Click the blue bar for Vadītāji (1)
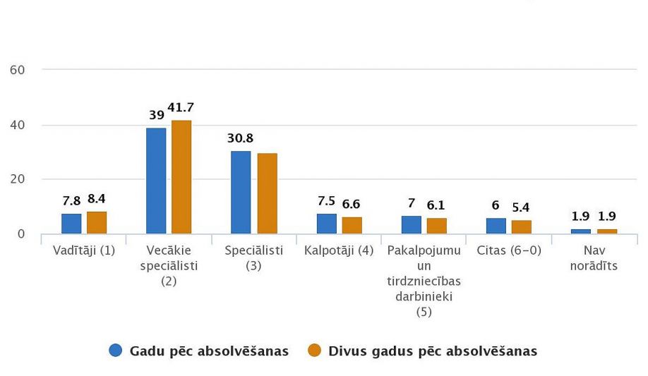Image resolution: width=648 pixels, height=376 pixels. coord(71,224)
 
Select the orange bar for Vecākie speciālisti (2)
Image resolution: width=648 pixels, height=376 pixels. coord(181,177)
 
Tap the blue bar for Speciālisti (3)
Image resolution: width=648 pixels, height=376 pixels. coord(241,193)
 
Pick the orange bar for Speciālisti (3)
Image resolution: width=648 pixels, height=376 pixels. coord(267,193)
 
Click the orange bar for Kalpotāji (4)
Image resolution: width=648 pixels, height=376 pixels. coord(352,225)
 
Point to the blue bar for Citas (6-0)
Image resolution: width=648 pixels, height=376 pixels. coord(496,226)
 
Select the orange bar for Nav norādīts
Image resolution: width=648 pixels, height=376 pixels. coord(606,231)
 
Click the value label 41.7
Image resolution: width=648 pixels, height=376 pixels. coord(181,108)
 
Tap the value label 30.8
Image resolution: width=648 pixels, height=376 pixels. coord(241,139)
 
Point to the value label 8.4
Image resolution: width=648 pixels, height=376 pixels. coord(96,199)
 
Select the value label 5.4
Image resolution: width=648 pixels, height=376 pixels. coord(521,207)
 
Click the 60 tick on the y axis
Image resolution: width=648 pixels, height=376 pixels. coord(18,70)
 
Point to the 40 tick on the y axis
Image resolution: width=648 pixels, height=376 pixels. coord(18,125)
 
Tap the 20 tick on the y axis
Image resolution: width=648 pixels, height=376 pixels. coord(18,179)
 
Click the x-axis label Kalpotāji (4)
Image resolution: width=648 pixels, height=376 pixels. coord(339,250)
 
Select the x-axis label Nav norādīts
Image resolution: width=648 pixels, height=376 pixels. coord(594,257)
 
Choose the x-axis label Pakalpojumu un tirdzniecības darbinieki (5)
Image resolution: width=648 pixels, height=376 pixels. coord(424,281)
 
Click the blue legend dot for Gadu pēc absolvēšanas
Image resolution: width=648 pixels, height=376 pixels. coord(116,351)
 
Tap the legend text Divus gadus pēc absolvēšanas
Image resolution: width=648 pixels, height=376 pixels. coord(433,351)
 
